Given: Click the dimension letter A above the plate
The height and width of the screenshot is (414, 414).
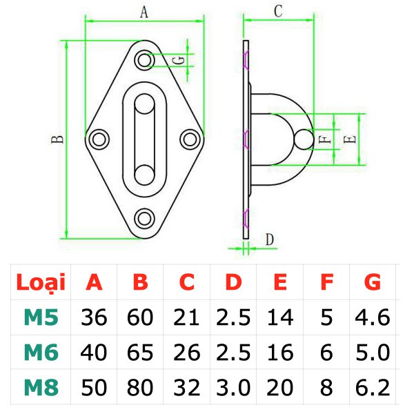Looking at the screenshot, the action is click(144, 12).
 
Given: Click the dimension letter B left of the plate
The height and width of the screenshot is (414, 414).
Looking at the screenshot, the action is click(57, 139).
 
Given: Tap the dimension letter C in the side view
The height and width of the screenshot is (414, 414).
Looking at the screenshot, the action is click(278, 11).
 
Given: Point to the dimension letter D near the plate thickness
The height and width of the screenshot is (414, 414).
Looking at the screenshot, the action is click(270, 239).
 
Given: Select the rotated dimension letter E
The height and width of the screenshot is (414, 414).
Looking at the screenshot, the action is click(350, 139).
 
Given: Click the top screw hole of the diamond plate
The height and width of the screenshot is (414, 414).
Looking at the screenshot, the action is click(144, 60).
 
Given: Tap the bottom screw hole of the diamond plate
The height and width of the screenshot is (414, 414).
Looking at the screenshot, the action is click(144, 219).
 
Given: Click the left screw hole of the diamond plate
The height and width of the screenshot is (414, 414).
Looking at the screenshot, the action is click(99, 139).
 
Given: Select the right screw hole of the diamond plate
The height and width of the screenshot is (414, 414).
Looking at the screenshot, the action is click(190, 139).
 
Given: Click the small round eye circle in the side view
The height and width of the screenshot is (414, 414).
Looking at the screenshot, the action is click(304, 139).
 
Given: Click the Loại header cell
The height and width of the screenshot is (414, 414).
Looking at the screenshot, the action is click(41, 282).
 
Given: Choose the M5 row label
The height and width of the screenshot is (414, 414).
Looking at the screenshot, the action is click(41, 317).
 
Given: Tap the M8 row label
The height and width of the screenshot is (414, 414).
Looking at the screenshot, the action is click(41, 387).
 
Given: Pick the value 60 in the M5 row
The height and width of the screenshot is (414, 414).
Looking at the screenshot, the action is click(140, 317).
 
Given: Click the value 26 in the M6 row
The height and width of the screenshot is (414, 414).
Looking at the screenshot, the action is click(187, 352).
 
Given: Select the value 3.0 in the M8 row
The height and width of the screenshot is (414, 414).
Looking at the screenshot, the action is click(233, 387).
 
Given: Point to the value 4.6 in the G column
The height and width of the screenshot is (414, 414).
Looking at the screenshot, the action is click(373, 317).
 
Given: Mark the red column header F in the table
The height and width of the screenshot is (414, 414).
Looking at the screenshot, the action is click(327, 282).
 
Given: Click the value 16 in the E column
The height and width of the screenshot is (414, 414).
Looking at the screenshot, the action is click(280, 352).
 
